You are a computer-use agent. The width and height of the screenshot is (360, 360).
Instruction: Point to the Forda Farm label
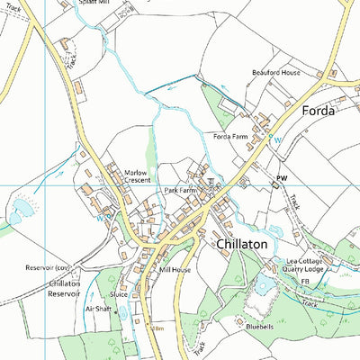[230, 136]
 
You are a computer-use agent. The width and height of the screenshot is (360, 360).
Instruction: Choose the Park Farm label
[181, 191]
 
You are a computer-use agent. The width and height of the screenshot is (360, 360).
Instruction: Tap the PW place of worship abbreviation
[282, 180]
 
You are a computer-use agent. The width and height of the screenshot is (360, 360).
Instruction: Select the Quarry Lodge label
[302, 268]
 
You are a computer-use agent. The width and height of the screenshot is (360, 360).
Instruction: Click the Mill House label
[175, 269]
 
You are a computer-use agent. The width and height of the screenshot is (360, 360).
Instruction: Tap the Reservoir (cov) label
[48, 268]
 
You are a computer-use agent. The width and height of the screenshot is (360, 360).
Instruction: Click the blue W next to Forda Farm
[278, 139]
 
